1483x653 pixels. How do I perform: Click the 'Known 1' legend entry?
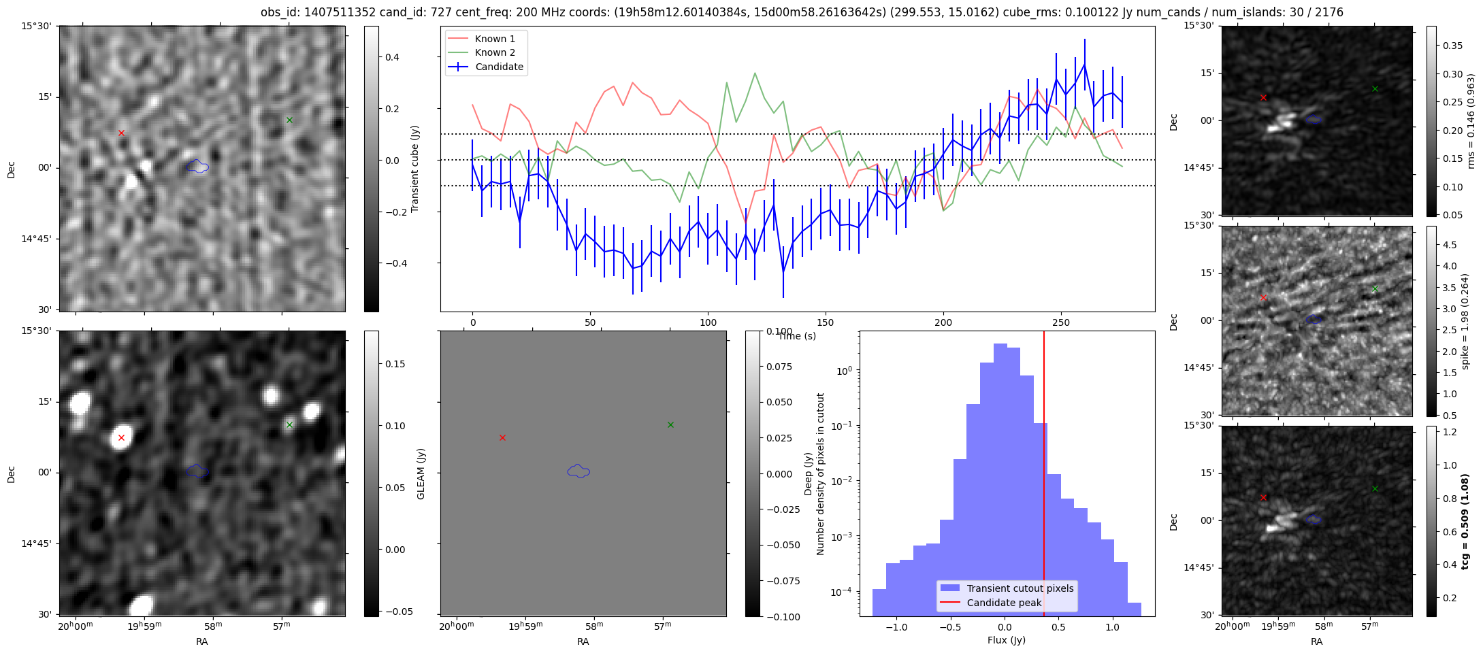tap(494, 39)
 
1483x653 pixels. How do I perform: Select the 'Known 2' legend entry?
tap(494, 52)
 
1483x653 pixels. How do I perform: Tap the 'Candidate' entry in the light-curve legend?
tap(499, 67)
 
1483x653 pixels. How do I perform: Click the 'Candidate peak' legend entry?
tap(1004, 603)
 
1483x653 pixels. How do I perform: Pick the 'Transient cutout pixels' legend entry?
tap(1020, 588)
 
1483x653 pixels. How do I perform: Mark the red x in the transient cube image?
tap(121, 133)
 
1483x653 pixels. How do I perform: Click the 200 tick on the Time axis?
tap(943, 322)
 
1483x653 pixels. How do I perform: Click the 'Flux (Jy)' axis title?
tap(1006, 640)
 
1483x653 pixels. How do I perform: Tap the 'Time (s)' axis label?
tap(797, 336)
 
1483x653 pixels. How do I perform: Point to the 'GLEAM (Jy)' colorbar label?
tap(421, 473)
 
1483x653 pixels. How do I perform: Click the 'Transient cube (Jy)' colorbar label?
tap(415, 169)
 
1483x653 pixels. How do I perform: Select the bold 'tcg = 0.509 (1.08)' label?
tap(1465, 521)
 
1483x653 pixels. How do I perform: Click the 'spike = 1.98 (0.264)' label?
tap(1465, 321)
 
